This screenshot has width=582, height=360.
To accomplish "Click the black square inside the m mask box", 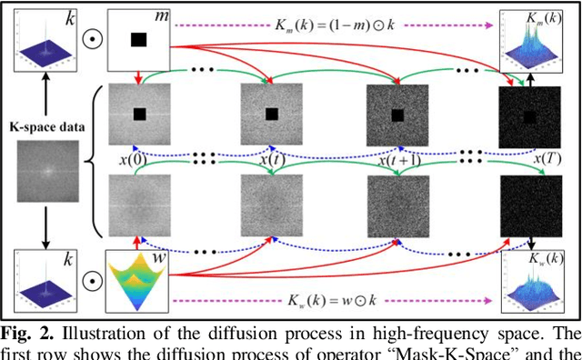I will (x=139, y=39).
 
